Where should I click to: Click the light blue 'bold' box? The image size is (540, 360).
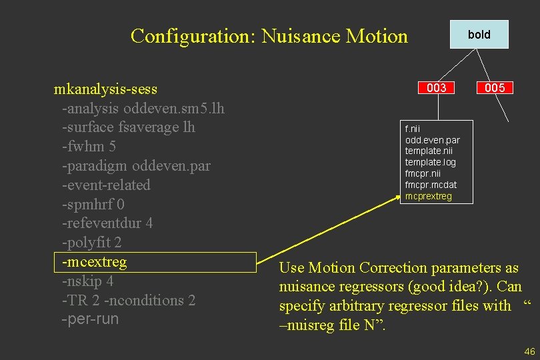(479, 35)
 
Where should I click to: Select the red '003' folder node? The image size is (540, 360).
(437, 88)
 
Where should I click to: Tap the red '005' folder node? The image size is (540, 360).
(495, 88)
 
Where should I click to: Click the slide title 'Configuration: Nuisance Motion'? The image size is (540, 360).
(269, 35)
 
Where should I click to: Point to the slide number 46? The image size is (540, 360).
(530, 351)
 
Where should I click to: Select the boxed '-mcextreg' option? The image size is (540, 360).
(94, 262)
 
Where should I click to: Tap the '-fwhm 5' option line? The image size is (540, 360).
(89, 146)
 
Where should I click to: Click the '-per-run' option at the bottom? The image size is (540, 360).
(90, 319)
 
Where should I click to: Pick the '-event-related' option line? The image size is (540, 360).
(106, 185)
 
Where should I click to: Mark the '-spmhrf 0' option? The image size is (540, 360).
(93, 204)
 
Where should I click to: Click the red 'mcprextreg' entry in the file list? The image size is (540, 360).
(428, 196)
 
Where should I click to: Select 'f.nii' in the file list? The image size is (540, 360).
(413, 128)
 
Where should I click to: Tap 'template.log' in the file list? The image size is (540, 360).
(431, 162)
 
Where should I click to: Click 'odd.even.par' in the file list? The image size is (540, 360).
(432, 139)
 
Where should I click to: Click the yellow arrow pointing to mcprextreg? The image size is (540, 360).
(333, 227)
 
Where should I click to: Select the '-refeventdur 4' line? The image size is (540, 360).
(107, 223)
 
